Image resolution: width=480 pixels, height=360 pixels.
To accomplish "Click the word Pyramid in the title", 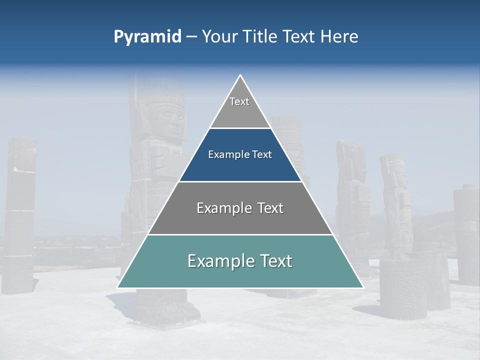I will [x=147, y=36].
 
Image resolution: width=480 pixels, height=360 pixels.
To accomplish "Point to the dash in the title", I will [x=191, y=37].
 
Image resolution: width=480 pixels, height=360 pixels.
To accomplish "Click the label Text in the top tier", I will [x=239, y=101].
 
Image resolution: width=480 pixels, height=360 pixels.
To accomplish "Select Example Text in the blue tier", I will [x=240, y=154].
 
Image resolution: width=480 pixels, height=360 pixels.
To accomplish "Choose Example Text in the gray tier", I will [x=240, y=208].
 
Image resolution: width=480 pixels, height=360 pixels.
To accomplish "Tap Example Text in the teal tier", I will [x=240, y=261].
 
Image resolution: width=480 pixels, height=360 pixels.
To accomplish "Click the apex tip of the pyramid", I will [x=240, y=75].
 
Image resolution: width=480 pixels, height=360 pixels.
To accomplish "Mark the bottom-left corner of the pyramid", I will [x=118, y=287].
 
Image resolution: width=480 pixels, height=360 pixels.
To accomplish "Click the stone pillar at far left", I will [x=20, y=215].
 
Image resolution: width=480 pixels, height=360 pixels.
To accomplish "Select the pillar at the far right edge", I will [x=467, y=235].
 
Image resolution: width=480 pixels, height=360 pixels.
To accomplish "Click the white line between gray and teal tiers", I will [x=240, y=234].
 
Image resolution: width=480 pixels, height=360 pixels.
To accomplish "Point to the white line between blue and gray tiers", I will [x=240, y=181].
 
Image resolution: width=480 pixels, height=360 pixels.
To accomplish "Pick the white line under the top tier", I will [x=240, y=128].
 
